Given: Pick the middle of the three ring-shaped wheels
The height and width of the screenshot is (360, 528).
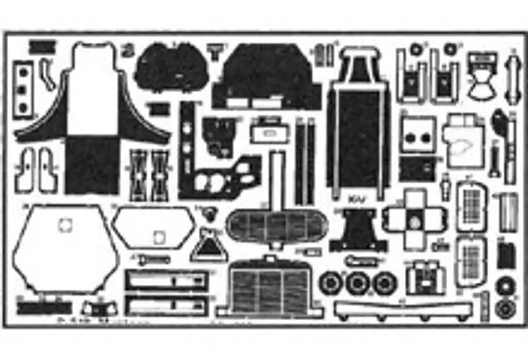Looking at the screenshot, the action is pos(357,284).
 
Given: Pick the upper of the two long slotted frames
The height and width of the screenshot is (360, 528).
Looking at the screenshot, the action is pos(166,281).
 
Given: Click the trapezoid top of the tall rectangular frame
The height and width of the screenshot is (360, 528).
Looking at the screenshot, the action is pos(360,63).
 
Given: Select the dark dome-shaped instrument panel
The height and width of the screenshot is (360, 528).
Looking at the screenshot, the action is pos(171,69).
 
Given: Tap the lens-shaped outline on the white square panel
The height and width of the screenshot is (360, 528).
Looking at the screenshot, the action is pos(463,149).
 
